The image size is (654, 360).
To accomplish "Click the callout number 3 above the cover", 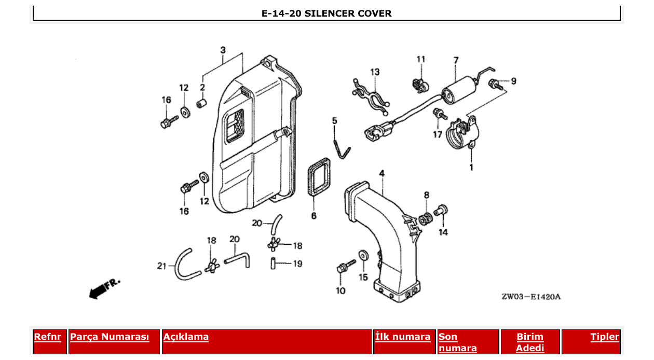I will [223, 50].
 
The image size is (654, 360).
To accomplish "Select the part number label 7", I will [456, 61].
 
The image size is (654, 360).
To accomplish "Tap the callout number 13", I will [374, 72].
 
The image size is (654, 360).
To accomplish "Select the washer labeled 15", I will [363, 255].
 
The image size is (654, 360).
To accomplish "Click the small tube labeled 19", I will [272, 263].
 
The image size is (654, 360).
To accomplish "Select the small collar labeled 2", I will [201, 103].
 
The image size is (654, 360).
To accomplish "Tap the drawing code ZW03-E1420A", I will [530, 297].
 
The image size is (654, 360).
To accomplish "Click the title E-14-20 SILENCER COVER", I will [326, 13].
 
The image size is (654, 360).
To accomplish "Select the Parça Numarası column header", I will [110, 337].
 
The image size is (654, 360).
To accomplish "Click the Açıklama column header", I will [186, 337].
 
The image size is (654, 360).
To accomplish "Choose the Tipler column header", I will [604, 337].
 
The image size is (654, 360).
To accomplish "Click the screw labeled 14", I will [442, 211].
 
